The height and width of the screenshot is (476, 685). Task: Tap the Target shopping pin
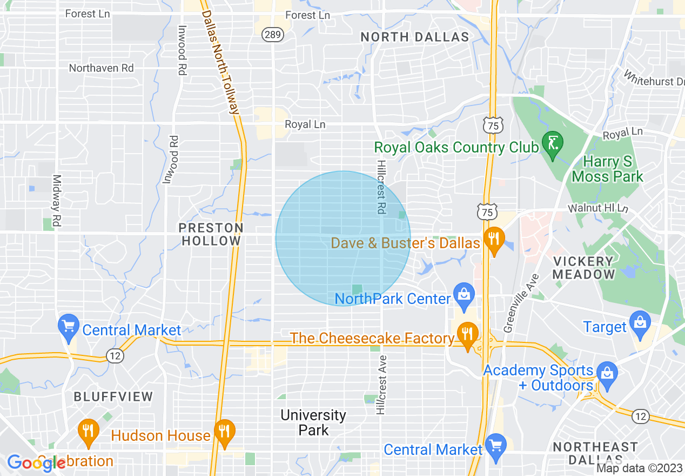click(x=640, y=324)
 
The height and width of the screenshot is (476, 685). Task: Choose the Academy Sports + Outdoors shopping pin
click(x=607, y=376)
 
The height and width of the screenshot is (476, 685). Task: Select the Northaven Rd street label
click(x=101, y=68)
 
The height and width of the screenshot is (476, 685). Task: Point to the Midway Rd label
click(x=56, y=200)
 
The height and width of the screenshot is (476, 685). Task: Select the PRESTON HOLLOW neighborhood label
click(x=211, y=234)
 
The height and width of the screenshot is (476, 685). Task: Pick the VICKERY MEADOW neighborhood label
click(x=583, y=268)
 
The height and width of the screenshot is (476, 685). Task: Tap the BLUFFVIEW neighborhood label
click(x=113, y=396)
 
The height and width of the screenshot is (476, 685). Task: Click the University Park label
click(x=313, y=422)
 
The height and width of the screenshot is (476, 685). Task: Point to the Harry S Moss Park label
click(x=607, y=169)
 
